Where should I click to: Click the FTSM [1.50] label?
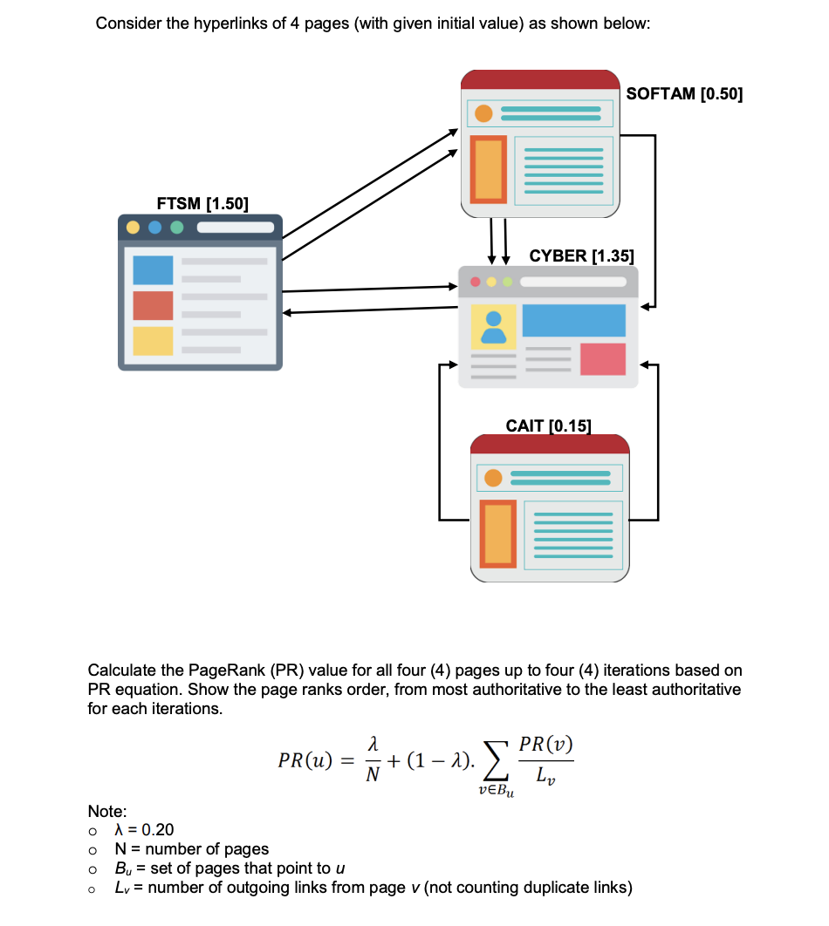pyautogui.click(x=202, y=204)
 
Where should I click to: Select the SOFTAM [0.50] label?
pyautogui.click(x=684, y=94)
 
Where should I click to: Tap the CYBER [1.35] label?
pyautogui.click(x=581, y=255)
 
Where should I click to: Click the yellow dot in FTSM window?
pyautogui.click(x=134, y=228)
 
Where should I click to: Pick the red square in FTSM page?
pyautogui.click(x=153, y=305)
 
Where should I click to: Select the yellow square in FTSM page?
pyautogui.click(x=153, y=341)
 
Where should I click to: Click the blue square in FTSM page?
pyautogui.click(x=153, y=269)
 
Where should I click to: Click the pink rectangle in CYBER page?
pyautogui.click(x=602, y=358)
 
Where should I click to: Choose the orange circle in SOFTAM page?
pyautogui.click(x=483, y=114)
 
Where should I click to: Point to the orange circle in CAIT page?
pyautogui.click(x=493, y=478)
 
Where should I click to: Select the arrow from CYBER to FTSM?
pyautogui.click(x=367, y=310)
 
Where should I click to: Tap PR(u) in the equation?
pyautogui.click(x=304, y=760)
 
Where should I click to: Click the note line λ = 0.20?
pyautogui.click(x=144, y=829)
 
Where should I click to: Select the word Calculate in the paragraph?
pyautogui.click(x=120, y=671)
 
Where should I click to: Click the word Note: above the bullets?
pyautogui.click(x=107, y=811)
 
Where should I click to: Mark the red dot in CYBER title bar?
pyautogui.click(x=476, y=283)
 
